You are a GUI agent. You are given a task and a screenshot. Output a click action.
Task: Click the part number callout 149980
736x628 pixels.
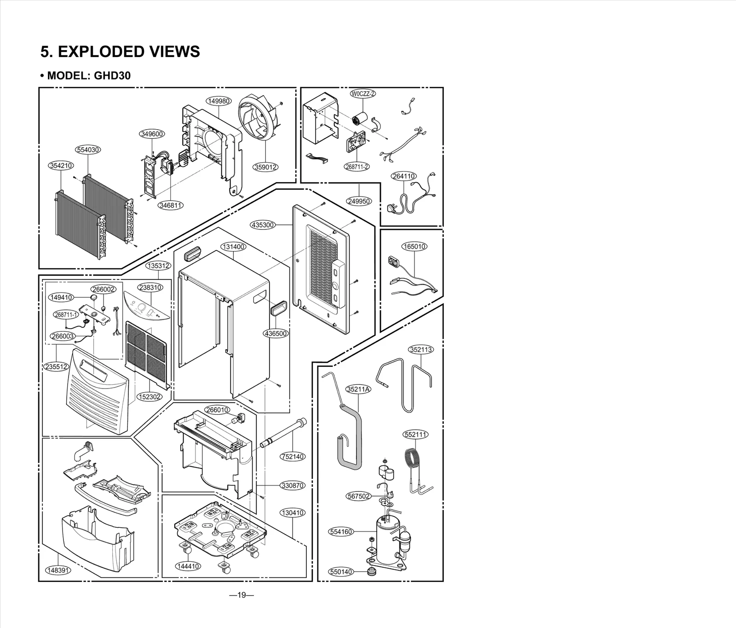(218, 101)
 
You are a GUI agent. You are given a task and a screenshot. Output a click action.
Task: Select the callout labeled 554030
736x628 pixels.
(87, 150)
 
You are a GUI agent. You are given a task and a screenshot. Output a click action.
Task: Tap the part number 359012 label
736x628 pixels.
(265, 167)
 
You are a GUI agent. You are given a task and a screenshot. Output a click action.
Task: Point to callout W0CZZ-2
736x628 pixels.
(363, 94)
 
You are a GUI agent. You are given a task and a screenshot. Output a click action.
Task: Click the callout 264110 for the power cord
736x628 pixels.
(403, 176)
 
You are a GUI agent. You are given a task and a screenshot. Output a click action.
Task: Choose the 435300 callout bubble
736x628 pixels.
(263, 225)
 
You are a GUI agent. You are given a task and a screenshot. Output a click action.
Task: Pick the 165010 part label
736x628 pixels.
(414, 246)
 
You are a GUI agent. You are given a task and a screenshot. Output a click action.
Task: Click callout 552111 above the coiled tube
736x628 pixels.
(415, 434)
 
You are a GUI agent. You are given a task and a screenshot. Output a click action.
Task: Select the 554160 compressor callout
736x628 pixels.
(341, 532)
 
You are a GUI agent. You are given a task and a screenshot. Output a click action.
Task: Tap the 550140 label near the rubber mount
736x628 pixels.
(341, 572)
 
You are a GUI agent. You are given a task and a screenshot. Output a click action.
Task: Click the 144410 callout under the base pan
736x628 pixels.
(188, 566)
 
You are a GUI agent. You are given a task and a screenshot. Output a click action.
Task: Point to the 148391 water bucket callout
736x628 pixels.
(58, 571)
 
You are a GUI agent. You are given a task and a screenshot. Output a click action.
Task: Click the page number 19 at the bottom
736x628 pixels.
(241, 595)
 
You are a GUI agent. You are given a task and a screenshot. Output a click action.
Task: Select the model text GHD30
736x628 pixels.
(112, 75)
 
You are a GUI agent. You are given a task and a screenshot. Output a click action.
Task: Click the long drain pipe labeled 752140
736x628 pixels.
(282, 432)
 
